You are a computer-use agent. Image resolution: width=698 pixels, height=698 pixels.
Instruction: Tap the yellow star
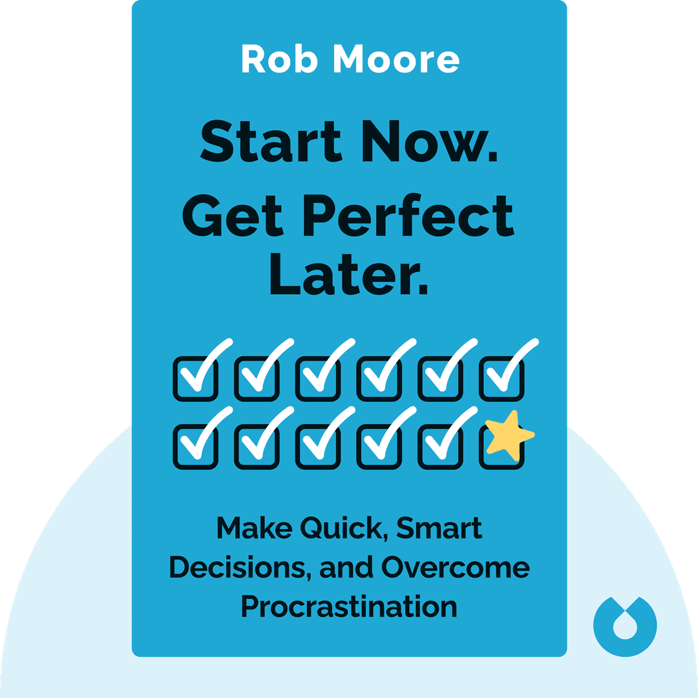point(509,435)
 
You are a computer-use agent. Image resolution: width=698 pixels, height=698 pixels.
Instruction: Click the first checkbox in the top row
point(195,378)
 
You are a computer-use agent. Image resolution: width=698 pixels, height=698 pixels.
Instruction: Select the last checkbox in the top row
point(502,378)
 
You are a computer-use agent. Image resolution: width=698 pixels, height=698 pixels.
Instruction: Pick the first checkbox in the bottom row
point(195,446)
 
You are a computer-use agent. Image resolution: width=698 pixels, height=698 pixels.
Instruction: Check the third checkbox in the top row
point(318,378)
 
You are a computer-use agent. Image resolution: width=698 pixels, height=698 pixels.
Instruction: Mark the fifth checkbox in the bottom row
point(441,446)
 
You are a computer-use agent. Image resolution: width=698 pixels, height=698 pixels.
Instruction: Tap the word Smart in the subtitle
point(439,529)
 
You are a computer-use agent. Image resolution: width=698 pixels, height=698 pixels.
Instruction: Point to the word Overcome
point(456,568)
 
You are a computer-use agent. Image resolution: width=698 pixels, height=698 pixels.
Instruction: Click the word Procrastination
point(349,607)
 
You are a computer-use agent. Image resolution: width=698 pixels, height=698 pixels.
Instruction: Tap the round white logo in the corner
point(625,625)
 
